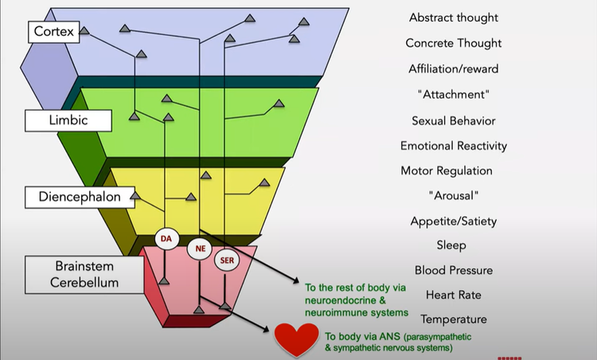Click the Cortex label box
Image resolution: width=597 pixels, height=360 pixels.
54,32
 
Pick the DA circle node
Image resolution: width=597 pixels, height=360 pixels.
166,238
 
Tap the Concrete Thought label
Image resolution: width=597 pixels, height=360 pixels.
454,43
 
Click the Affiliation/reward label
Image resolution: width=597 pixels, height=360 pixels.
454,69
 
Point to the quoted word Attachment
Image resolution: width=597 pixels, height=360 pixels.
453,95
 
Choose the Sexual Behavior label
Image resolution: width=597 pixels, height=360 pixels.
454,120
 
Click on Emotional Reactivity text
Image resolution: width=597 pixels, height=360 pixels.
454,146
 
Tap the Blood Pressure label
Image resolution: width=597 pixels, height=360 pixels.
454,271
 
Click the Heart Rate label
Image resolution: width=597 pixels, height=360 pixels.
454,295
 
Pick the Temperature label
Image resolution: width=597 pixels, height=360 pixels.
454,319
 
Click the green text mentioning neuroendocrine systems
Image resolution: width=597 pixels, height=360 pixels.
357,299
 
